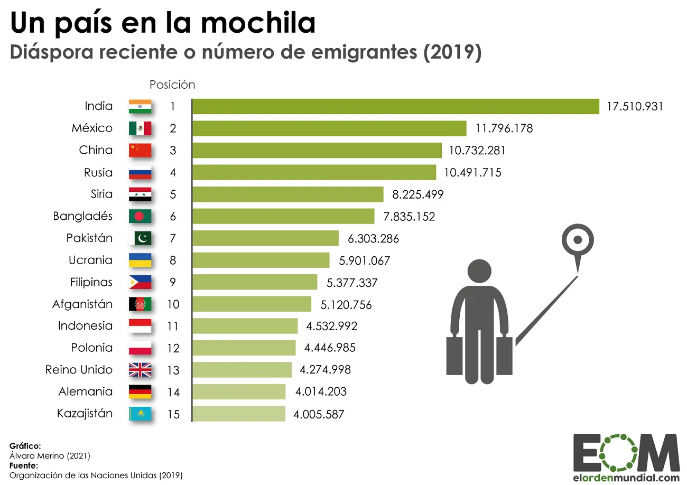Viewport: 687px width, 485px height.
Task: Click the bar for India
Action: (x=396, y=106)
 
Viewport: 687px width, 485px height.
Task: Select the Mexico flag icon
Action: (x=140, y=128)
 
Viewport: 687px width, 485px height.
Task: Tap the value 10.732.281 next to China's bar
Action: (x=477, y=151)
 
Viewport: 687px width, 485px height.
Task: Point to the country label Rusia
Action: (x=98, y=172)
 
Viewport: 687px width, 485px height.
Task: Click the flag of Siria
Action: (x=140, y=194)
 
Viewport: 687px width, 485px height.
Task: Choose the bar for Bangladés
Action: (x=283, y=216)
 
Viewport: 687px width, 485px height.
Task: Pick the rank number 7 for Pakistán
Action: (x=172, y=238)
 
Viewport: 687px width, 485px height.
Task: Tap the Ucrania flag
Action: (x=140, y=260)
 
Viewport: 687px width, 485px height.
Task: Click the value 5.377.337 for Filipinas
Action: (x=352, y=283)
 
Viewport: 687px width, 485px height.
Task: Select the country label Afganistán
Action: (x=82, y=304)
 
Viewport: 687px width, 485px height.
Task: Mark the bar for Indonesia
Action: (x=245, y=326)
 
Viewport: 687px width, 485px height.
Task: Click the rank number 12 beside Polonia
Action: (x=173, y=348)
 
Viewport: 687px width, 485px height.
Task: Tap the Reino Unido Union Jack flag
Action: (x=140, y=370)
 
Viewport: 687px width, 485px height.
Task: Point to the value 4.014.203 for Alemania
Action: (x=320, y=392)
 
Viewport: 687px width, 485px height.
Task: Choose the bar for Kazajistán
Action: (x=238, y=414)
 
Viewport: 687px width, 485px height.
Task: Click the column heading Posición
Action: (x=172, y=85)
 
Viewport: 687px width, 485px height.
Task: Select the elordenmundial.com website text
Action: (x=626, y=478)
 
